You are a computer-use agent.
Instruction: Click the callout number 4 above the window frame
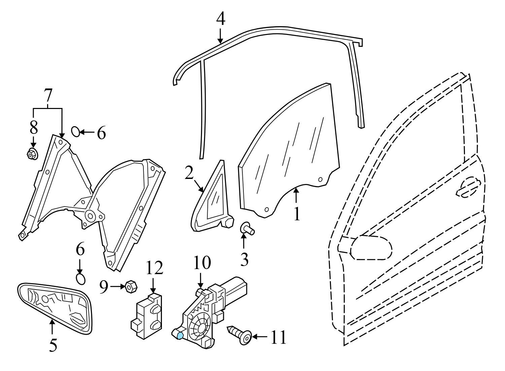tap(221, 19)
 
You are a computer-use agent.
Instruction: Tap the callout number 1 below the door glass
tap(296, 214)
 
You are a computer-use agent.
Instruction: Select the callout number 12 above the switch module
tap(154, 268)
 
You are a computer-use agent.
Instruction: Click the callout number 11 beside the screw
tap(278, 337)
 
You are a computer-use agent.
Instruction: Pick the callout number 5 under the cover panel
tap(53, 345)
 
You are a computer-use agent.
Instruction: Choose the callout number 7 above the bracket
tap(48, 96)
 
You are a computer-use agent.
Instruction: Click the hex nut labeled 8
tap(32, 154)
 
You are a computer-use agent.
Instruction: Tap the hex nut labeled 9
tap(130, 287)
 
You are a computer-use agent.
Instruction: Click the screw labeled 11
tap(240, 335)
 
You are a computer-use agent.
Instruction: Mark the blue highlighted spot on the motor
tap(180, 334)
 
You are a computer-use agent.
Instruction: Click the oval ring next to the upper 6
tap(76, 132)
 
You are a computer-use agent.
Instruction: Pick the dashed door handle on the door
tap(468, 187)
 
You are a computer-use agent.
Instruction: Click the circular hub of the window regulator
tap(90, 215)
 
